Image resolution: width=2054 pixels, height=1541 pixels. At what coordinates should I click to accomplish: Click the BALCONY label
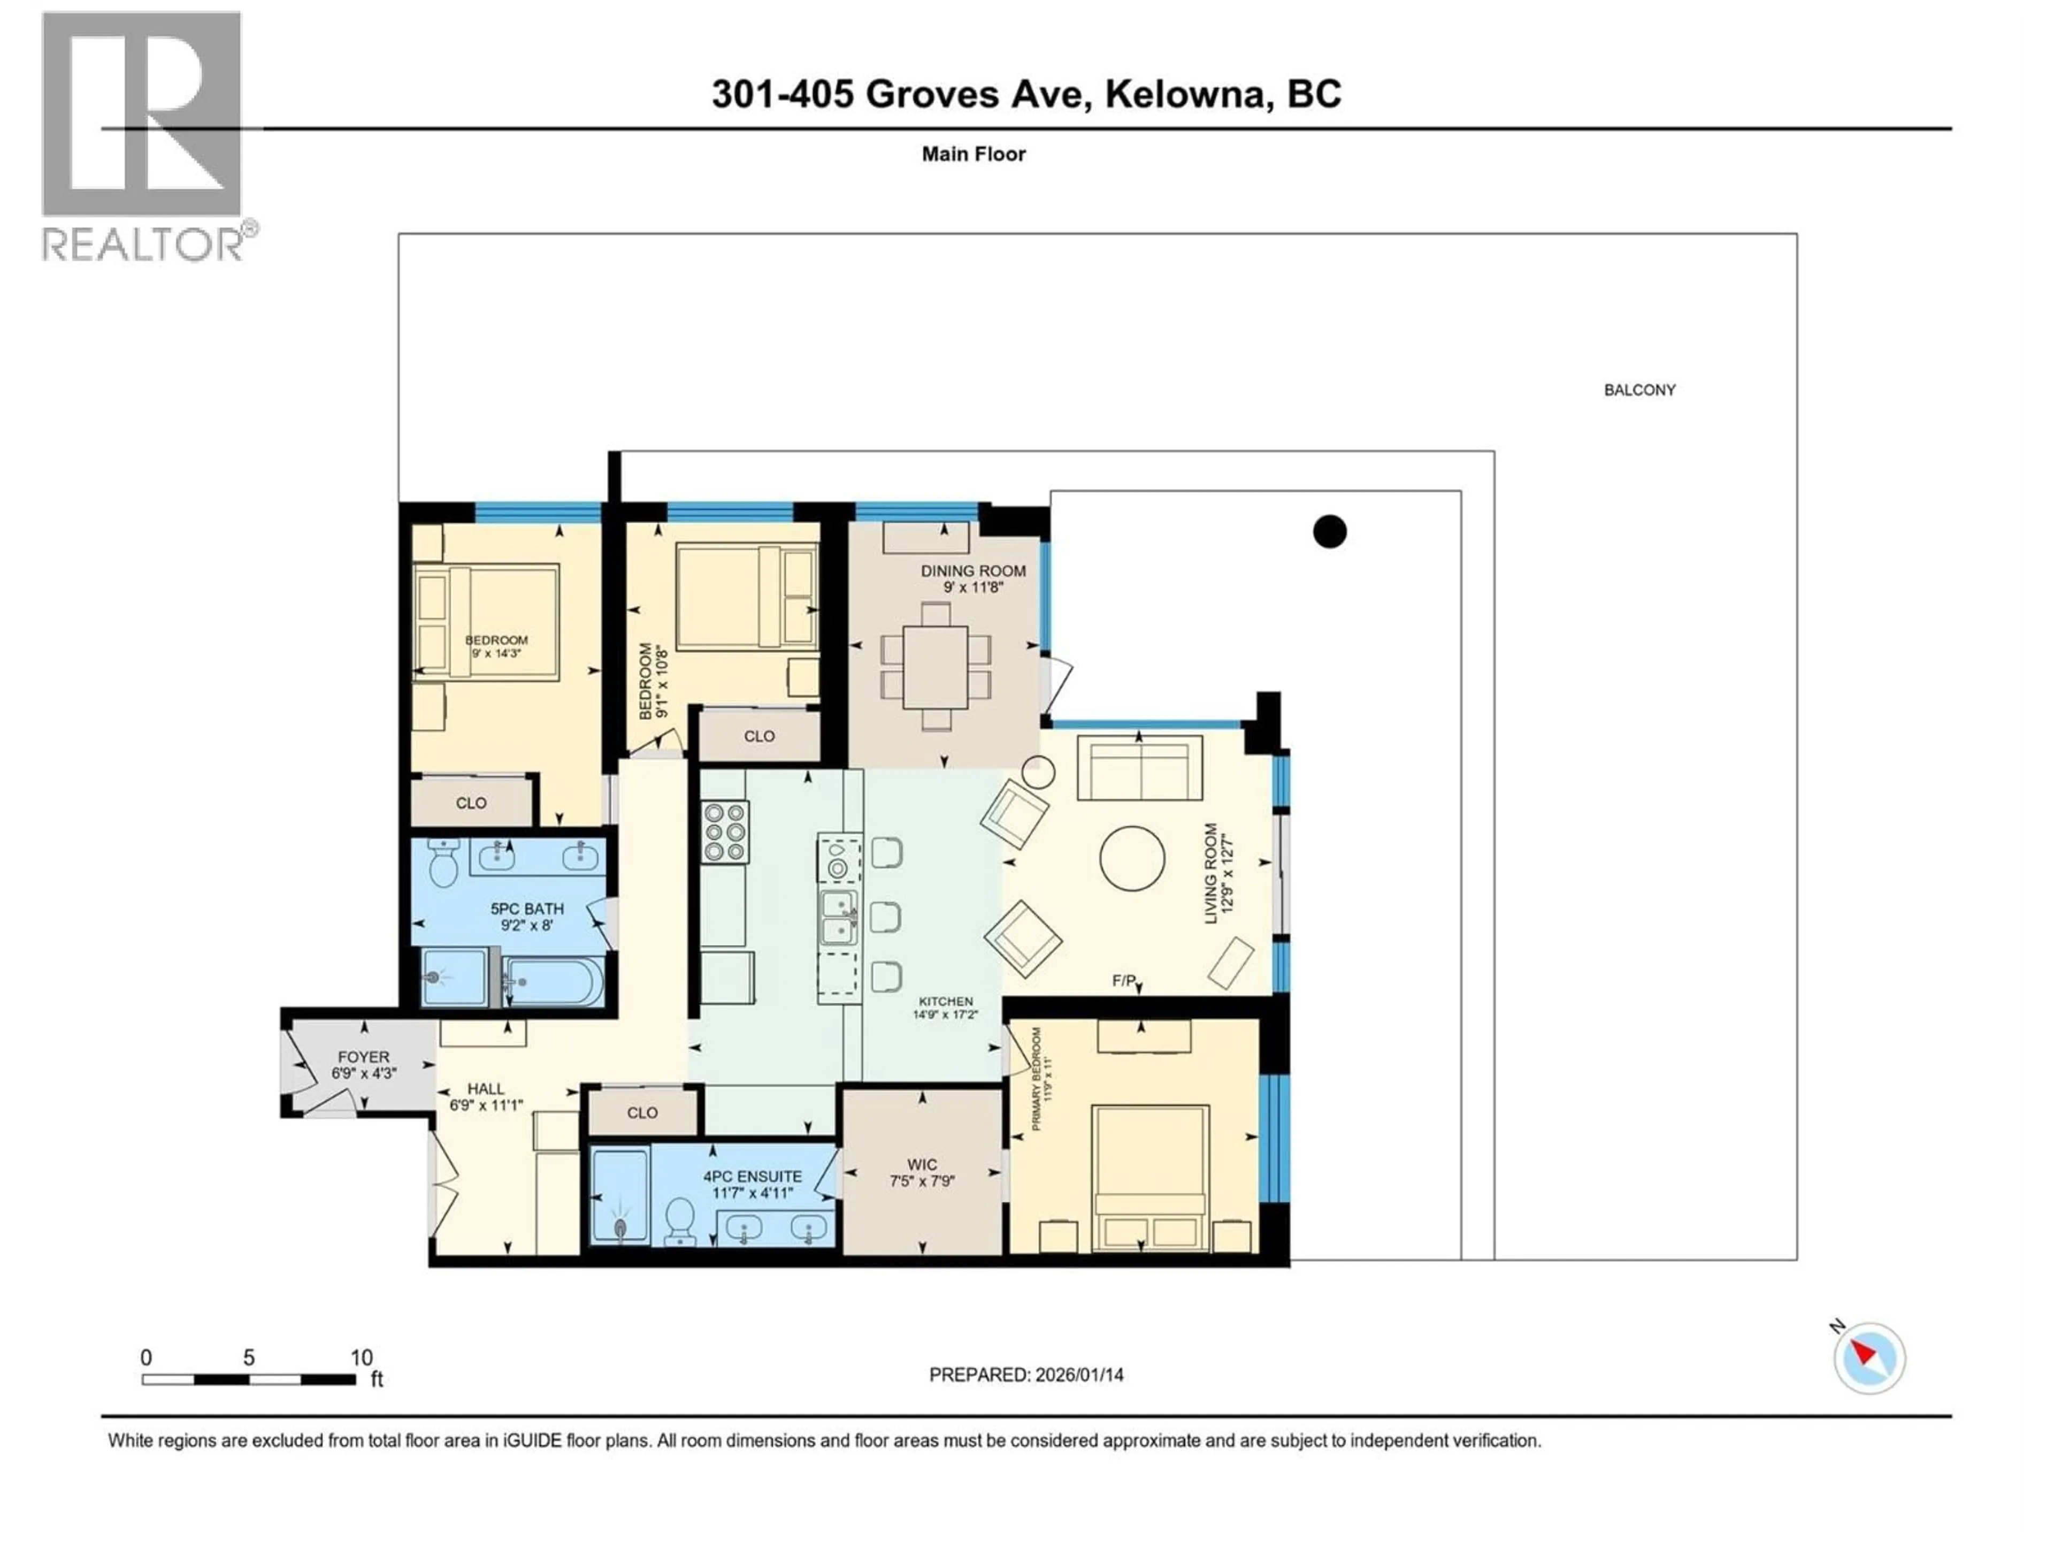pyautogui.click(x=1639, y=390)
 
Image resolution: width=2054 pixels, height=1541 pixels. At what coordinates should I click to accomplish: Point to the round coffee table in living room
pyautogui.click(x=1132, y=858)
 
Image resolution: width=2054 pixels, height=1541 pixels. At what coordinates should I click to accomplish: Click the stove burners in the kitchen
pyautogui.click(x=724, y=831)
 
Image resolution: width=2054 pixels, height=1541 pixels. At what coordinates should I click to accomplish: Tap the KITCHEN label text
pyautogui.click(x=945, y=1001)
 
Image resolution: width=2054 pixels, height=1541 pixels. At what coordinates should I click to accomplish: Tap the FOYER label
pyautogui.click(x=363, y=1057)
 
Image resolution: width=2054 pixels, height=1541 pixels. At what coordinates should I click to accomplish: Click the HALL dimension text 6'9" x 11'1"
pyautogui.click(x=486, y=1105)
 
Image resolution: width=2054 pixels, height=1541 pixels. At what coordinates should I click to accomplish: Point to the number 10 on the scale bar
pyautogui.click(x=361, y=1357)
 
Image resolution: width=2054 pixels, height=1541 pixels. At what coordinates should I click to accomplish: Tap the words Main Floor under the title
pyautogui.click(x=973, y=154)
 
